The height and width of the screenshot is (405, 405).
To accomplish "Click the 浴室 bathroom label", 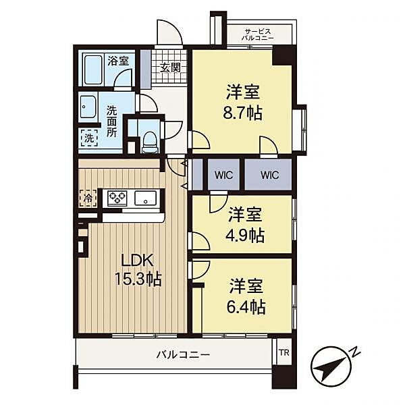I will coord(119,60).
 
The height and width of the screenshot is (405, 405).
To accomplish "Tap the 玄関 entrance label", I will coord(170,67).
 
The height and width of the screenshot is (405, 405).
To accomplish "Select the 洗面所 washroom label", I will coord(111,119).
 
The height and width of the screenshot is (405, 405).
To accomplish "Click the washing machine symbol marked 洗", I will coord(88,138).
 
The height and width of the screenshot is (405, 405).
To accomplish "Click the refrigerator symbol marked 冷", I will coord(88,198).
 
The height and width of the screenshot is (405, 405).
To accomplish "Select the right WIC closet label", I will coord(269,175).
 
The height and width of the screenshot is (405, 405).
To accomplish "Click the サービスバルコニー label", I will coord(259,35).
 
